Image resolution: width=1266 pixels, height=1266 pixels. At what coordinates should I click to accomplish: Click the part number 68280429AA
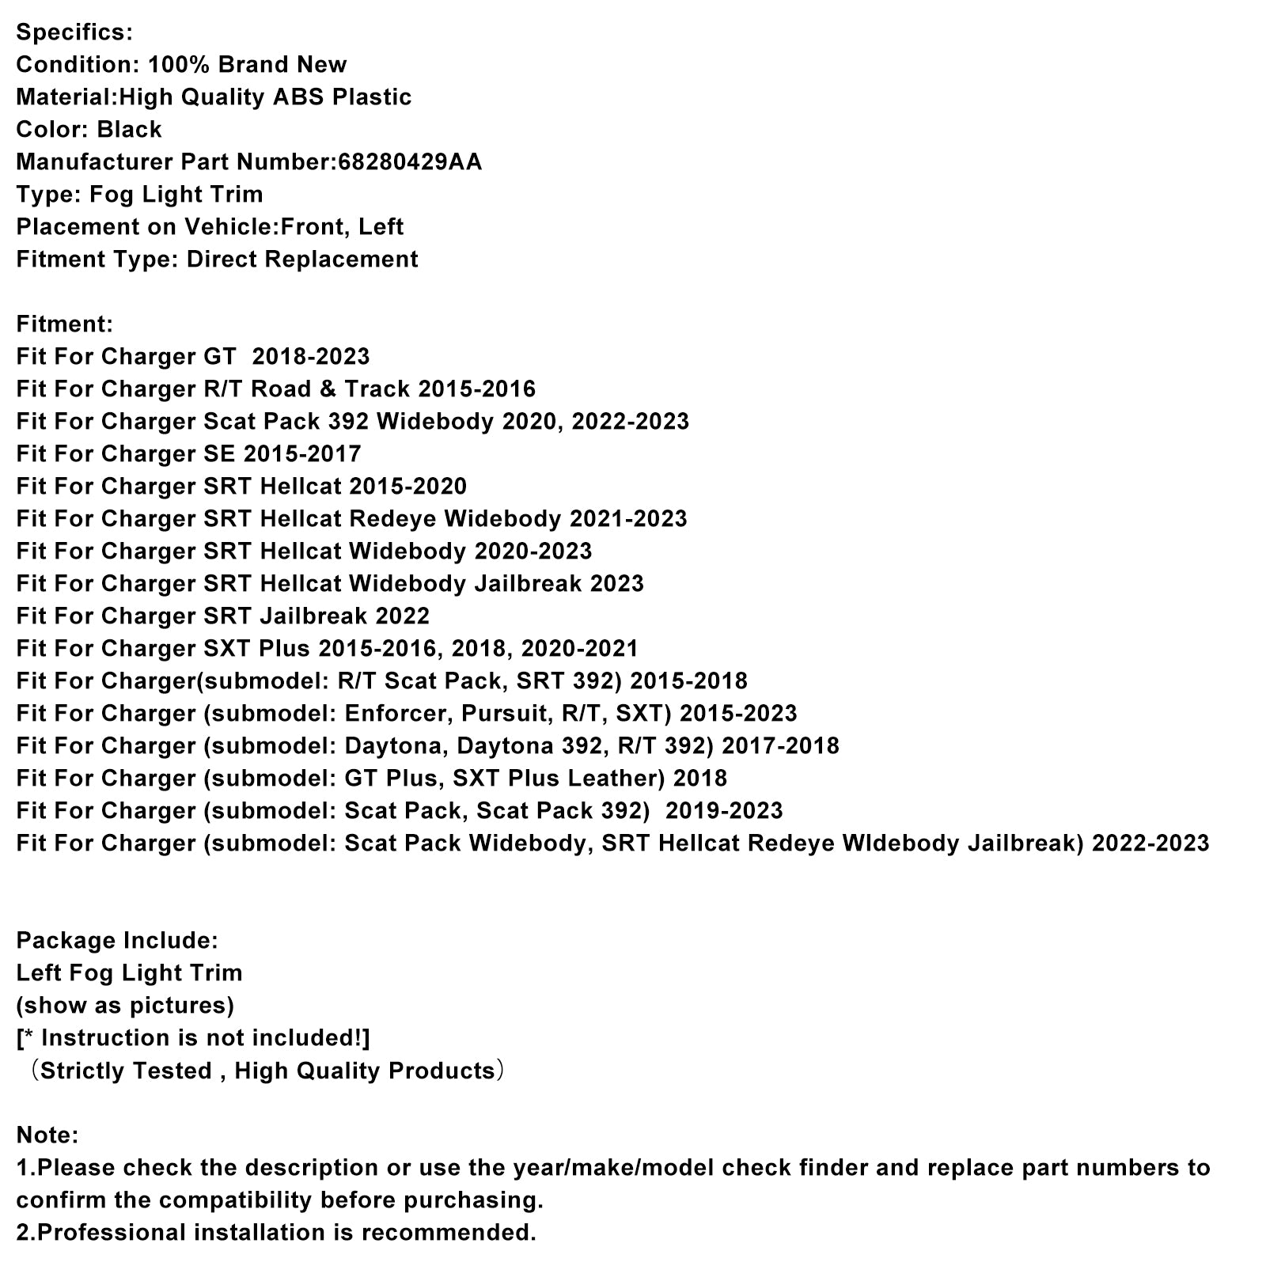(x=410, y=162)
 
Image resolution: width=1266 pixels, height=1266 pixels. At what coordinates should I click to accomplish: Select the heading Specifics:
(x=74, y=32)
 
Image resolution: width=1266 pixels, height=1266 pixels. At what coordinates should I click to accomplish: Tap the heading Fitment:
(x=65, y=324)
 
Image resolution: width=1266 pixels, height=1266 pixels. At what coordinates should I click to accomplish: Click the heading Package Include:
(x=117, y=941)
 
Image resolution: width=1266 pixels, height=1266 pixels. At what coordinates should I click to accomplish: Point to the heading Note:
(x=47, y=1135)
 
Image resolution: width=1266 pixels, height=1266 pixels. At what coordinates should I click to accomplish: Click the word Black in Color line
(x=130, y=130)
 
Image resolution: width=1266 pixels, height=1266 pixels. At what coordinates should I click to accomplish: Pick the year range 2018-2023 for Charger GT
(x=311, y=357)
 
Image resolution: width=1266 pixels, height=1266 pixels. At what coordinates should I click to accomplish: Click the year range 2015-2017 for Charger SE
(x=302, y=454)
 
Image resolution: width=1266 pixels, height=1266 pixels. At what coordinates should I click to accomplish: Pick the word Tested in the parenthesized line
(x=172, y=1071)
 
